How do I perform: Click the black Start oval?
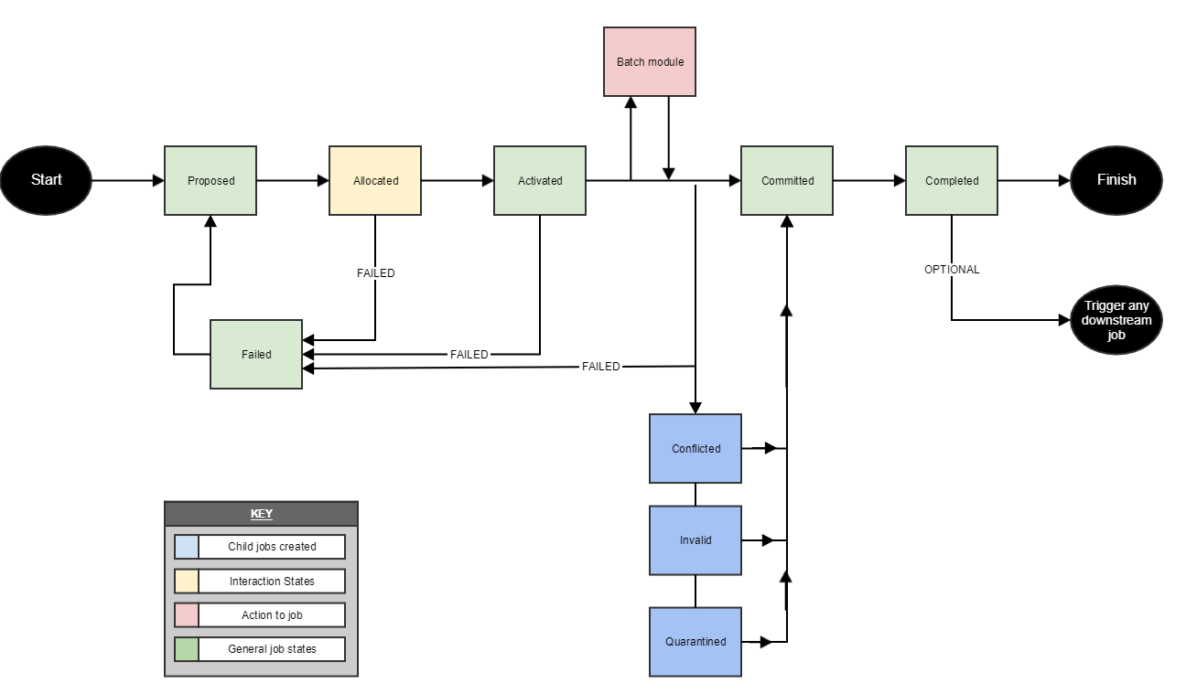pos(46,180)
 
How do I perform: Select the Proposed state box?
pos(210,180)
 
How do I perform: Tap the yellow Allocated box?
pos(375,180)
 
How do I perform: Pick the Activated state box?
pos(540,180)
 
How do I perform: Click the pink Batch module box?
pos(650,62)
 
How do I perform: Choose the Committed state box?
pos(787,180)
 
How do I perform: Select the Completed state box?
pos(952,180)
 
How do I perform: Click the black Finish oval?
pos(1116,180)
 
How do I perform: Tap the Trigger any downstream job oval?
pos(1116,321)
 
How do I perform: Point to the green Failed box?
pos(256,354)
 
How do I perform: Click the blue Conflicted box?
pos(695,448)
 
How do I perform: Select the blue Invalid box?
pos(695,539)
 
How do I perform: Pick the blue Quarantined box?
pos(695,641)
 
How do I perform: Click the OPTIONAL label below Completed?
pos(952,270)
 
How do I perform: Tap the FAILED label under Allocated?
pos(375,273)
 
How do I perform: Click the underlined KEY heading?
pos(261,514)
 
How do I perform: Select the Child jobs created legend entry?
pos(272,547)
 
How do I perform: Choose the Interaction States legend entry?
pos(272,581)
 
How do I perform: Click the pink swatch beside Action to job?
pos(187,615)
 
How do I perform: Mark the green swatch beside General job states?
pos(187,649)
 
